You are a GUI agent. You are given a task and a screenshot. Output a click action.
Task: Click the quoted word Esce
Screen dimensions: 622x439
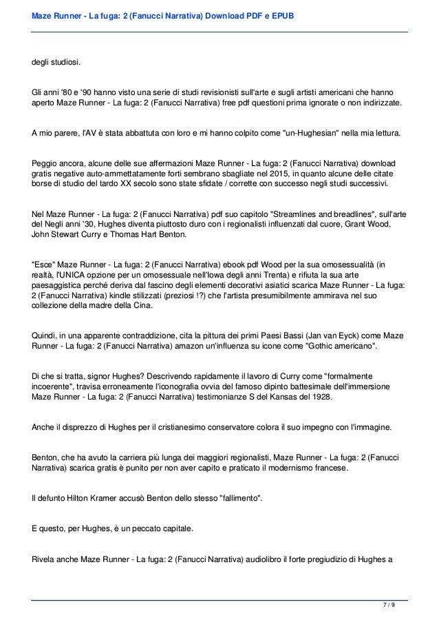coord(45,264)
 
